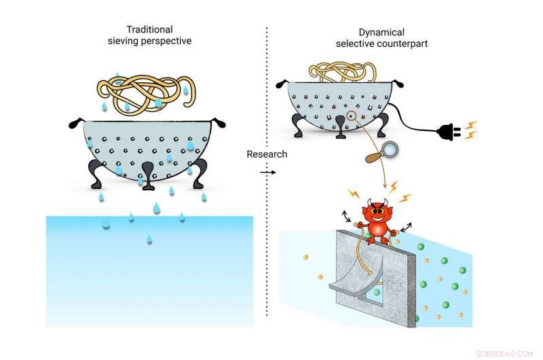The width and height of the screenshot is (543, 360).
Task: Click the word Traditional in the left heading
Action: point(149,29)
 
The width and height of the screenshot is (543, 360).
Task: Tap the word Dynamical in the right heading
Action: point(381,33)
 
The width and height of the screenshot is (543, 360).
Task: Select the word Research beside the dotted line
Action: point(267,154)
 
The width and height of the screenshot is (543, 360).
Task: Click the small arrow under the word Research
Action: point(267,173)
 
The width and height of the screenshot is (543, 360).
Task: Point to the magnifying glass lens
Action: point(390,149)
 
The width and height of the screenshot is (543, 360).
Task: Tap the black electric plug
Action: point(449,132)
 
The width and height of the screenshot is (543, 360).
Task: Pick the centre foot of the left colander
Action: point(148,175)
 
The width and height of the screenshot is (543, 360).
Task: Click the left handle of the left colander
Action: point(77,123)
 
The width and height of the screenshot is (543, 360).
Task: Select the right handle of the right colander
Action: point(397,84)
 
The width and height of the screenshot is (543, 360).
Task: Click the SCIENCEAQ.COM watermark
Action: point(504,354)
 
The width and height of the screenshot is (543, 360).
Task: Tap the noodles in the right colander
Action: point(343,72)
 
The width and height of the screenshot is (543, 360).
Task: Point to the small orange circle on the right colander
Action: point(351,115)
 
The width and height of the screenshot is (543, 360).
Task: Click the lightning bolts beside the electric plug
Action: point(470,130)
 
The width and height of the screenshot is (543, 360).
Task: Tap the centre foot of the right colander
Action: point(341,127)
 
